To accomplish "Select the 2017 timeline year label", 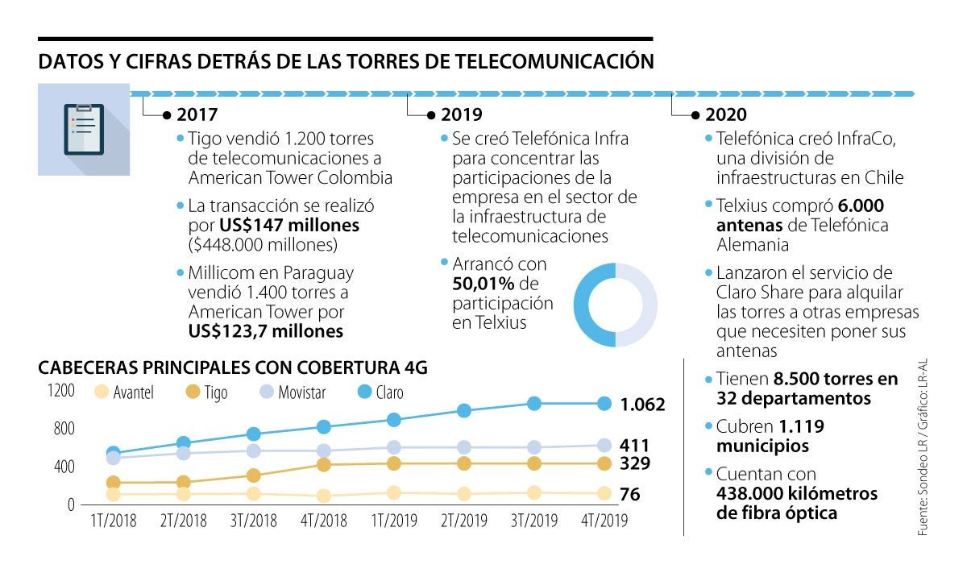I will (x=197, y=115).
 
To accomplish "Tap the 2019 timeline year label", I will (x=461, y=115).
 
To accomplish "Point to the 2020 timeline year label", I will (x=725, y=115).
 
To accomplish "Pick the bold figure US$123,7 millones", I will (x=266, y=330).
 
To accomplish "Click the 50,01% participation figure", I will (x=483, y=284).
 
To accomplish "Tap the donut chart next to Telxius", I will (x=615, y=305).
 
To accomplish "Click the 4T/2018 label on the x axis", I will (x=324, y=521).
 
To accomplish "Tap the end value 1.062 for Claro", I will (x=642, y=405).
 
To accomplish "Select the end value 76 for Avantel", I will (x=630, y=495).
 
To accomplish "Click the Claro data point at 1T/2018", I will (x=113, y=454).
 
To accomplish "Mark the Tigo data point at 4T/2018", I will (x=324, y=464).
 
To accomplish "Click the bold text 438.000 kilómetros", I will (x=796, y=493).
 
